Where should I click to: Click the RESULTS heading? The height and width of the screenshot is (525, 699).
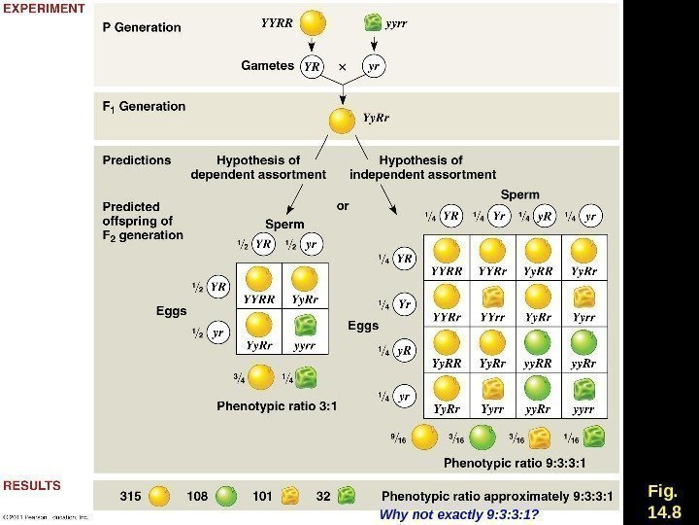32,485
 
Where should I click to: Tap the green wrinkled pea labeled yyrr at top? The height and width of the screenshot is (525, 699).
372,21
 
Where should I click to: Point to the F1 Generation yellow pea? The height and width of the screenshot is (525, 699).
342,121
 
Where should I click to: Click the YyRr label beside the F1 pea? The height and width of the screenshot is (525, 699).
376,118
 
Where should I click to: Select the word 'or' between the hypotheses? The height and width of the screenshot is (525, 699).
343,206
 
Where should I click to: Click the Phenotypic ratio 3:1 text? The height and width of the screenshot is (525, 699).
276,406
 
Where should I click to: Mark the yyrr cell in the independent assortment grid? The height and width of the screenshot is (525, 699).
583,395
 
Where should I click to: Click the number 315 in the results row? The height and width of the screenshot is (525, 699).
130,496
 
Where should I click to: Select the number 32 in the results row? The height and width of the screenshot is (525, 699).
323,496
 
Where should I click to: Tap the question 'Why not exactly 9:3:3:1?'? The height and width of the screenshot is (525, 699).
458,513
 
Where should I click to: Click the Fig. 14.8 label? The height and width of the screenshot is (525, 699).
664,500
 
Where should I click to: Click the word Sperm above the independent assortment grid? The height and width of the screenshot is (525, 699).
520,194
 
